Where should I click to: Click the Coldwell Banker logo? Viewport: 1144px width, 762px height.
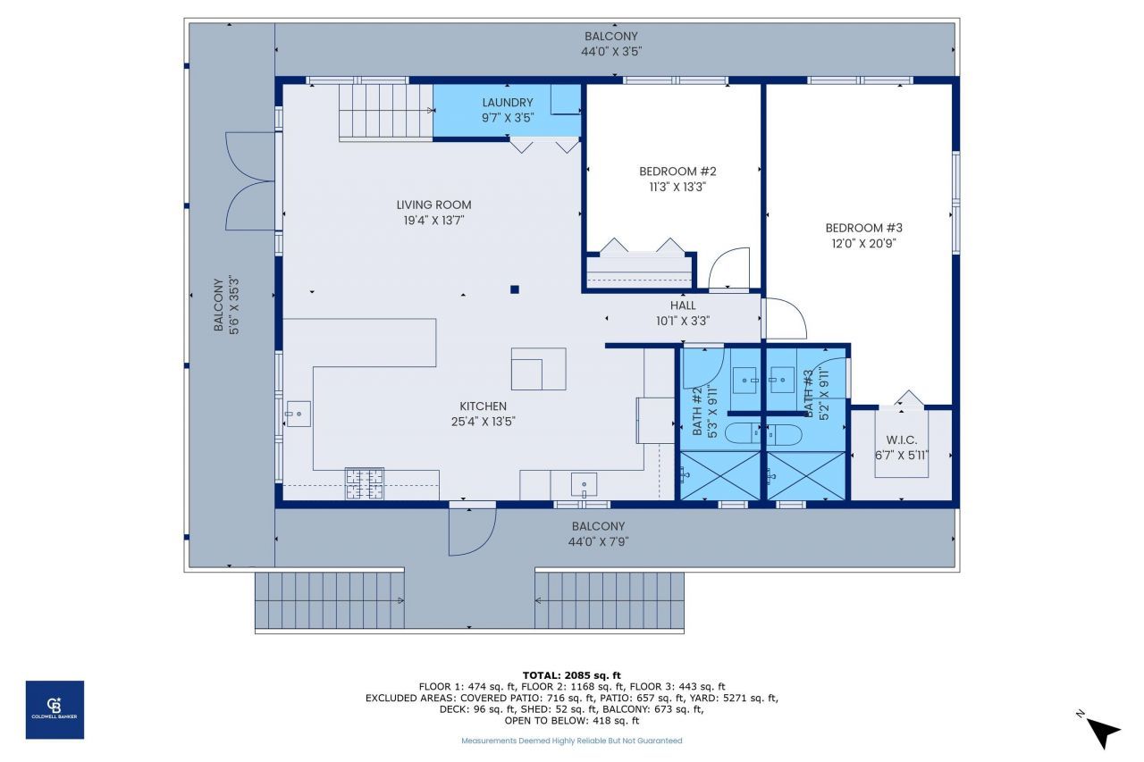pyautogui.click(x=55, y=709)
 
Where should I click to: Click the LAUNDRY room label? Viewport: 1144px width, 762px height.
pyautogui.click(x=507, y=103)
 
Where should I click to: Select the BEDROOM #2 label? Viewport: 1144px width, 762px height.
pyautogui.click(x=677, y=172)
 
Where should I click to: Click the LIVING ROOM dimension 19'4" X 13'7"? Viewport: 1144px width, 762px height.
pyautogui.click(x=434, y=220)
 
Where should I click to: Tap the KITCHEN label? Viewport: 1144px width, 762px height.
pyautogui.click(x=483, y=406)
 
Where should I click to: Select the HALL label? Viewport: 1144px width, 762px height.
pyautogui.click(x=683, y=306)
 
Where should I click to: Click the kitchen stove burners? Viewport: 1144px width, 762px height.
pyautogui.click(x=364, y=483)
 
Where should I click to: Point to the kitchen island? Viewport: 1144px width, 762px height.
pyautogui.click(x=538, y=369)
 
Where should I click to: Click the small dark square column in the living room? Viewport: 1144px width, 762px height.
pyautogui.click(x=515, y=289)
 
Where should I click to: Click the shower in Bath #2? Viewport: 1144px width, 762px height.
pyautogui.click(x=720, y=475)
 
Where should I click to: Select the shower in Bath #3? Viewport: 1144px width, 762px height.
pyautogui.click(x=805, y=475)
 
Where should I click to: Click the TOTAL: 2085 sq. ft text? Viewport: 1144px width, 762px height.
pyautogui.click(x=571, y=675)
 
